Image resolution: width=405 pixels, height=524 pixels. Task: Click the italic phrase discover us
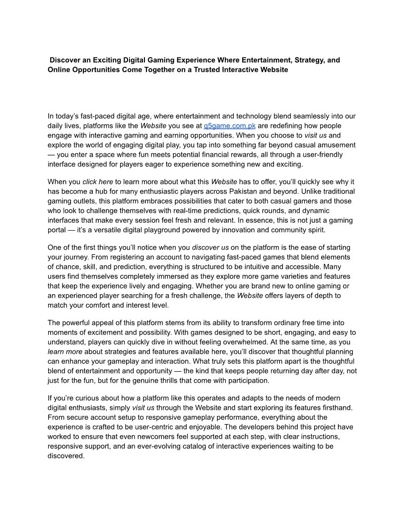pyautogui.click(x=210, y=247)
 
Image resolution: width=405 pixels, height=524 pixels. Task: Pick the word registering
pyautogui.click(x=101, y=257)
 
